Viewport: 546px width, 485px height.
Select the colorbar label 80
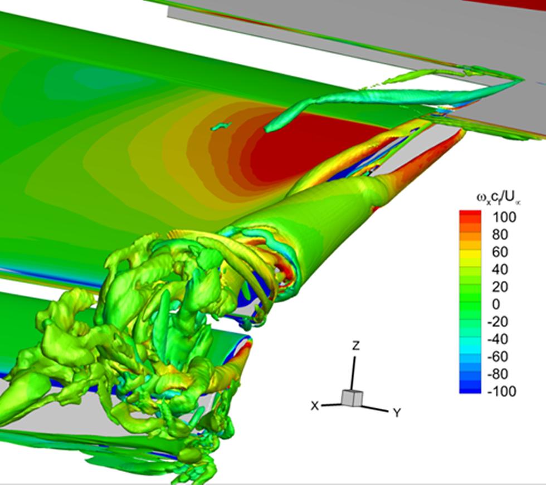click(x=500, y=235)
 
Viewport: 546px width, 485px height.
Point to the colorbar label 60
click(x=500, y=252)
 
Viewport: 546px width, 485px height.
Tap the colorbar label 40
click(x=500, y=269)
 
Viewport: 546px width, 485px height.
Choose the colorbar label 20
click(x=500, y=287)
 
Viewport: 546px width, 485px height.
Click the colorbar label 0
click(x=496, y=304)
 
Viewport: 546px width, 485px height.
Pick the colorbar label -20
click(x=498, y=321)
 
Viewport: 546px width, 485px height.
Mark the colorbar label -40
click(x=498, y=339)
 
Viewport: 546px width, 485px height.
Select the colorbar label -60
click(x=498, y=357)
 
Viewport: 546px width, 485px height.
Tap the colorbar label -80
click(x=498, y=374)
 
